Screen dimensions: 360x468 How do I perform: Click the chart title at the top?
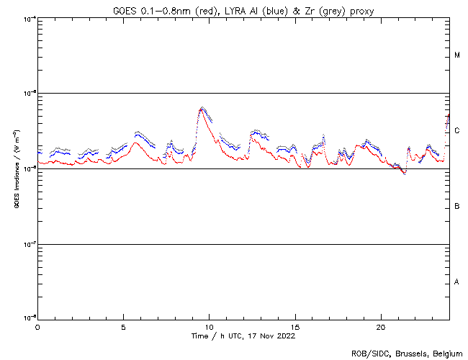pyautogui.click(x=243, y=9)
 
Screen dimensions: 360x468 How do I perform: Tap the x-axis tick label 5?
pyautogui.click(x=123, y=326)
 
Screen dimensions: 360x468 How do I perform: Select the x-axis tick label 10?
pyautogui.click(x=209, y=326)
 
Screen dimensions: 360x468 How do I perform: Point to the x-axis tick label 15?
pyautogui.click(x=295, y=326)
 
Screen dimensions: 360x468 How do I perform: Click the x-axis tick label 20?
pyautogui.click(x=381, y=326)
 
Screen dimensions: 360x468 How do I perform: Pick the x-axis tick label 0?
pyautogui.click(x=37, y=326)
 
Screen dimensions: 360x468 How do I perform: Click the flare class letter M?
pyautogui.click(x=457, y=55)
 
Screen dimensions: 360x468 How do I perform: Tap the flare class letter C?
pyautogui.click(x=457, y=130)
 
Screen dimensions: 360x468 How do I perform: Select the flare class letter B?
pyautogui.click(x=457, y=207)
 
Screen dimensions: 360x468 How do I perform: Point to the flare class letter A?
pyautogui.click(x=457, y=282)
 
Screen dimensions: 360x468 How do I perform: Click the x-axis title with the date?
pyautogui.click(x=243, y=336)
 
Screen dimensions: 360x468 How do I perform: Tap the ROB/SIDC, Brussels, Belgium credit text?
pyautogui.click(x=406, y=353)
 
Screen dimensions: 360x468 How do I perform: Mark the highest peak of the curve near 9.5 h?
pyautogui.click(x=203, y=108)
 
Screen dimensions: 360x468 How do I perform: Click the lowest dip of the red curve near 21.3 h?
pyautogui.click(x=404, y=174)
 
